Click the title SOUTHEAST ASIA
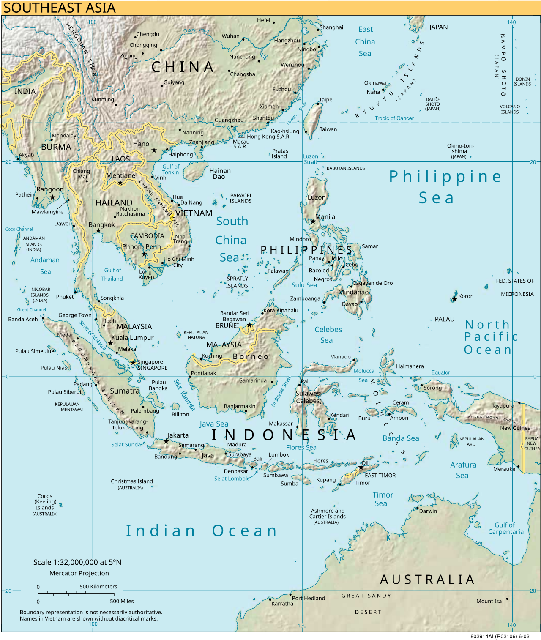coord(59,8)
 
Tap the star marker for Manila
coord(313,221)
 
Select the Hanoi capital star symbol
coord(154,150)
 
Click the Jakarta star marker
coord(166,441)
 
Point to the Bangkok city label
coord(101,225)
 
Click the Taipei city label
coord(326,100)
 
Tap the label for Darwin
coord(428,511)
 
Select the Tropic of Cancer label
coord(394,118)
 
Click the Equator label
coord(440,372)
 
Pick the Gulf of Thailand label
coord(112,274)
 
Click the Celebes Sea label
coord(328,335)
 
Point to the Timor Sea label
coord(383,499)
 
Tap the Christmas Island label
coord(132,481)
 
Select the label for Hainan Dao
coord(220,174)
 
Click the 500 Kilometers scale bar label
coord(98,587)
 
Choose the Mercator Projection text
coord(79,573)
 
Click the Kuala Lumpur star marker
coord(110,343)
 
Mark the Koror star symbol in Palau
coord(454,299)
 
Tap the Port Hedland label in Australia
coord(309,598)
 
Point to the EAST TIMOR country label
coord(380,476)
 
